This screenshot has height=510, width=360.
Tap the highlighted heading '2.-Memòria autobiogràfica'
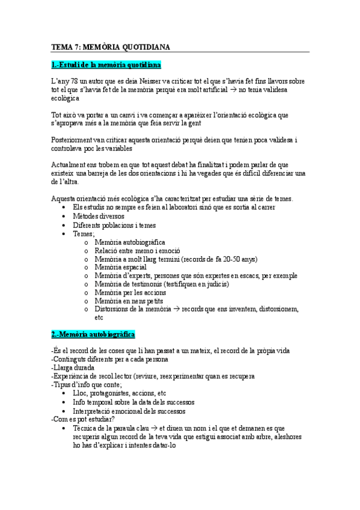coord(93,334)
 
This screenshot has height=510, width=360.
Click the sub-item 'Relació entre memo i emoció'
coord(137,250)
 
